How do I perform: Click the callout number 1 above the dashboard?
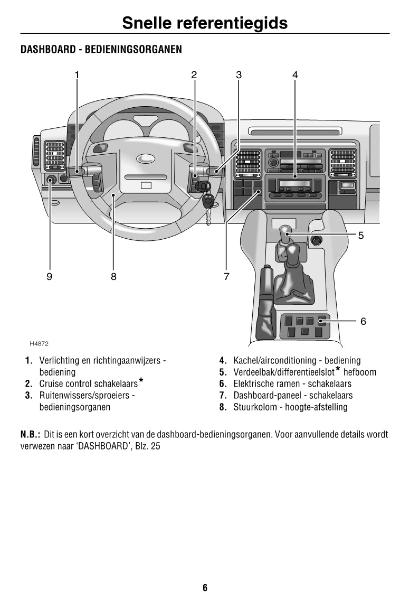click(77, 75)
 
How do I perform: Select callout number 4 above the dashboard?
click(295, 75)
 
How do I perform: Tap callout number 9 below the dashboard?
click(50, 276)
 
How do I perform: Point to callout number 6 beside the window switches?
click(363, 321)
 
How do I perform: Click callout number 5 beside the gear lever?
click(361, 236)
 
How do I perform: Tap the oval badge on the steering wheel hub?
click(146, 158)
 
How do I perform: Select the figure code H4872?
click(39, 343)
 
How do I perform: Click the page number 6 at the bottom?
click(205, 587)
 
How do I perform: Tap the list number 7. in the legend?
click(223, 395)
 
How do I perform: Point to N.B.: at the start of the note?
click(30, 434)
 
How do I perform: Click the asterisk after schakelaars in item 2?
click(141, 381)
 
